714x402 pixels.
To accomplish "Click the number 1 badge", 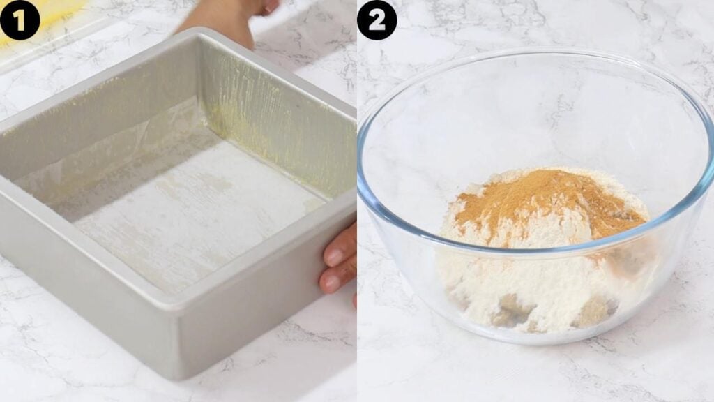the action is (20, 20).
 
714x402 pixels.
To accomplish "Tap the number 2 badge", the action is (377, 20).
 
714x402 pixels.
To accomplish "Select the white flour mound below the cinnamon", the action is (524, 283).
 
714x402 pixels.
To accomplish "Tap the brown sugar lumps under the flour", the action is (515, 310).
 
